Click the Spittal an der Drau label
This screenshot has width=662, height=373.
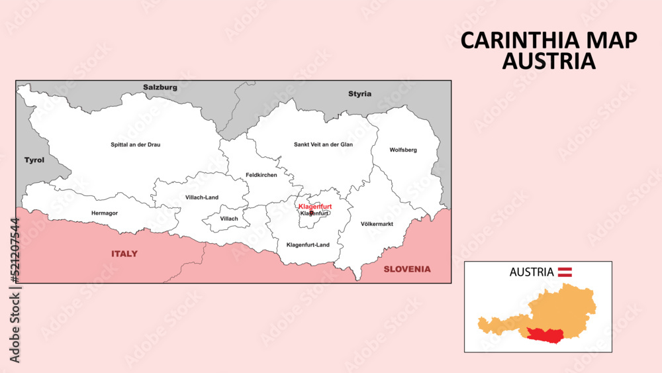coord(135,144)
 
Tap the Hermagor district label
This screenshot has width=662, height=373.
coord(104,213)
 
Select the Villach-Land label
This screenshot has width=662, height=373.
coord(202,197)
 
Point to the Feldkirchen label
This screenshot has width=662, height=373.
coord(261,175)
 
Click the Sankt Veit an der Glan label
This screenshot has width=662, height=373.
coord(323,144)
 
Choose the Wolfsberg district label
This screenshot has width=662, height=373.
coord(403,150)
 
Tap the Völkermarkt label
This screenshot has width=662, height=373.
coord(377,224)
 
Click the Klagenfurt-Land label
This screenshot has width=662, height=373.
coord(308,245)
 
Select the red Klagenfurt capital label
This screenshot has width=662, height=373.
coord(314,207)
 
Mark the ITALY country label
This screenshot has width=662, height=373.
coord(124,254)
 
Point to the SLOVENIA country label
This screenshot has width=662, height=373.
coord(407,269)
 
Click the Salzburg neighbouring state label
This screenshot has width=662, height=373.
coord(160,87)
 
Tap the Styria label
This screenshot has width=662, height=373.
coord(360,94)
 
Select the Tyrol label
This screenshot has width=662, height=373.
coord(34,160)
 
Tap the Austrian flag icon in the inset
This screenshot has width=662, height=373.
coord(565,272)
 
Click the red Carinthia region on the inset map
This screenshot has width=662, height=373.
coord(549,335)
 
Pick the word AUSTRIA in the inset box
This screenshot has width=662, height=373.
coord(532,272)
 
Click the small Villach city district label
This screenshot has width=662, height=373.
coord(228,219)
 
